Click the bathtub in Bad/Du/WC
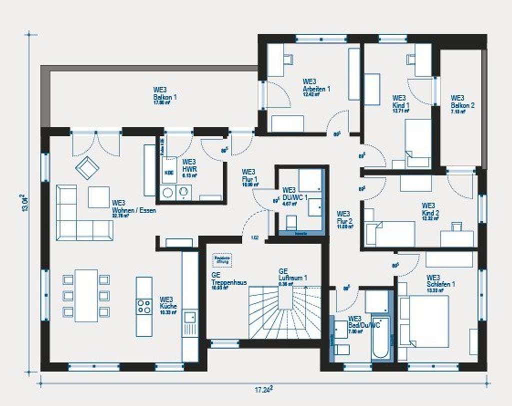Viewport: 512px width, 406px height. pyautogui.click(x=380, y=337)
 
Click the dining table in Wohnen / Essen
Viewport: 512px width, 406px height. pyautogui.click(x=86, y=295)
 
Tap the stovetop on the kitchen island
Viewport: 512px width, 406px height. pyautogui.click(x=144, y=305)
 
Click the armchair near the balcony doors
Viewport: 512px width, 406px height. pyautogui.click(x=88, y=168)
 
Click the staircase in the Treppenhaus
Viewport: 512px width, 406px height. pyautogui.click(x=285, y=312)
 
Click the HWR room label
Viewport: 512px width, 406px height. pyautogui.click(x=189, y=165)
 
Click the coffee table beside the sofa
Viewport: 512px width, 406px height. pyautogui.click(x=98, y=197)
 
